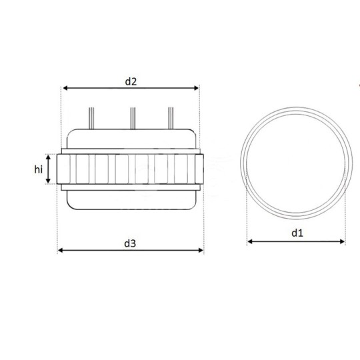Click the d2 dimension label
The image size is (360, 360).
131,81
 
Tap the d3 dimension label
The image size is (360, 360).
130,243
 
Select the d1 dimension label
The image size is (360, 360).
297,233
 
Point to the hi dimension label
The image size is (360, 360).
39,169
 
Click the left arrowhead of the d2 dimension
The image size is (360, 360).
65,88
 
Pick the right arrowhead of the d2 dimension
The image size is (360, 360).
196,88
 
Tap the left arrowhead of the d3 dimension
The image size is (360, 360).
60,250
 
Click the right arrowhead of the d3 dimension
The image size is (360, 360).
201,250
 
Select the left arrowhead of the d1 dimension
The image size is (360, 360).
250,241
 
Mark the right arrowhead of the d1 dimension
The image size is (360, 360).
342,241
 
